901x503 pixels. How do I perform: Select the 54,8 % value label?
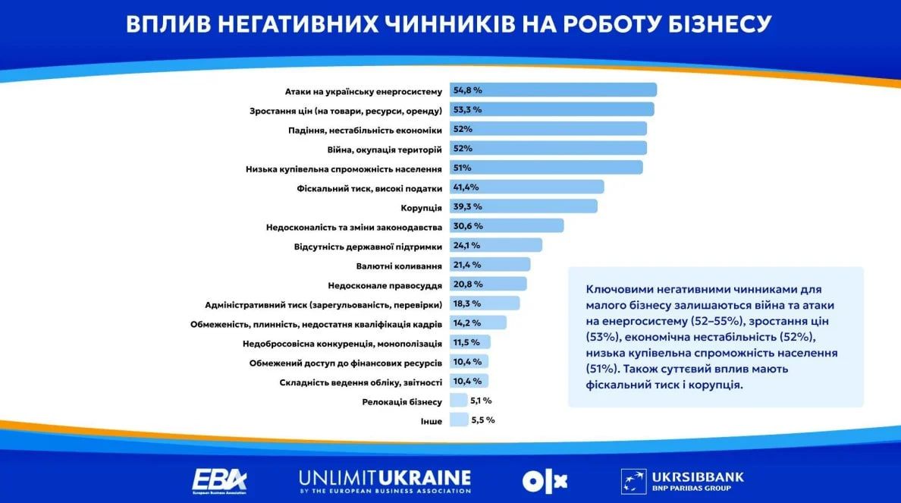467,90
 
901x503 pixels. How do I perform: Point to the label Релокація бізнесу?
402,401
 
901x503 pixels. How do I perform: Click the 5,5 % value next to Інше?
482,420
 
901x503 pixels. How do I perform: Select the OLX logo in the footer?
545,480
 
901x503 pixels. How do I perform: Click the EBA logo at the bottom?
219,480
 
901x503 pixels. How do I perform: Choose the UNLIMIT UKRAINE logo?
385,480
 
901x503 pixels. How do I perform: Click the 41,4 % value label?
466,187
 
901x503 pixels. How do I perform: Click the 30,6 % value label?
467,226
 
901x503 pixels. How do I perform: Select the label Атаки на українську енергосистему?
363,91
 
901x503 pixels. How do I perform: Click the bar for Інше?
459,420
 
